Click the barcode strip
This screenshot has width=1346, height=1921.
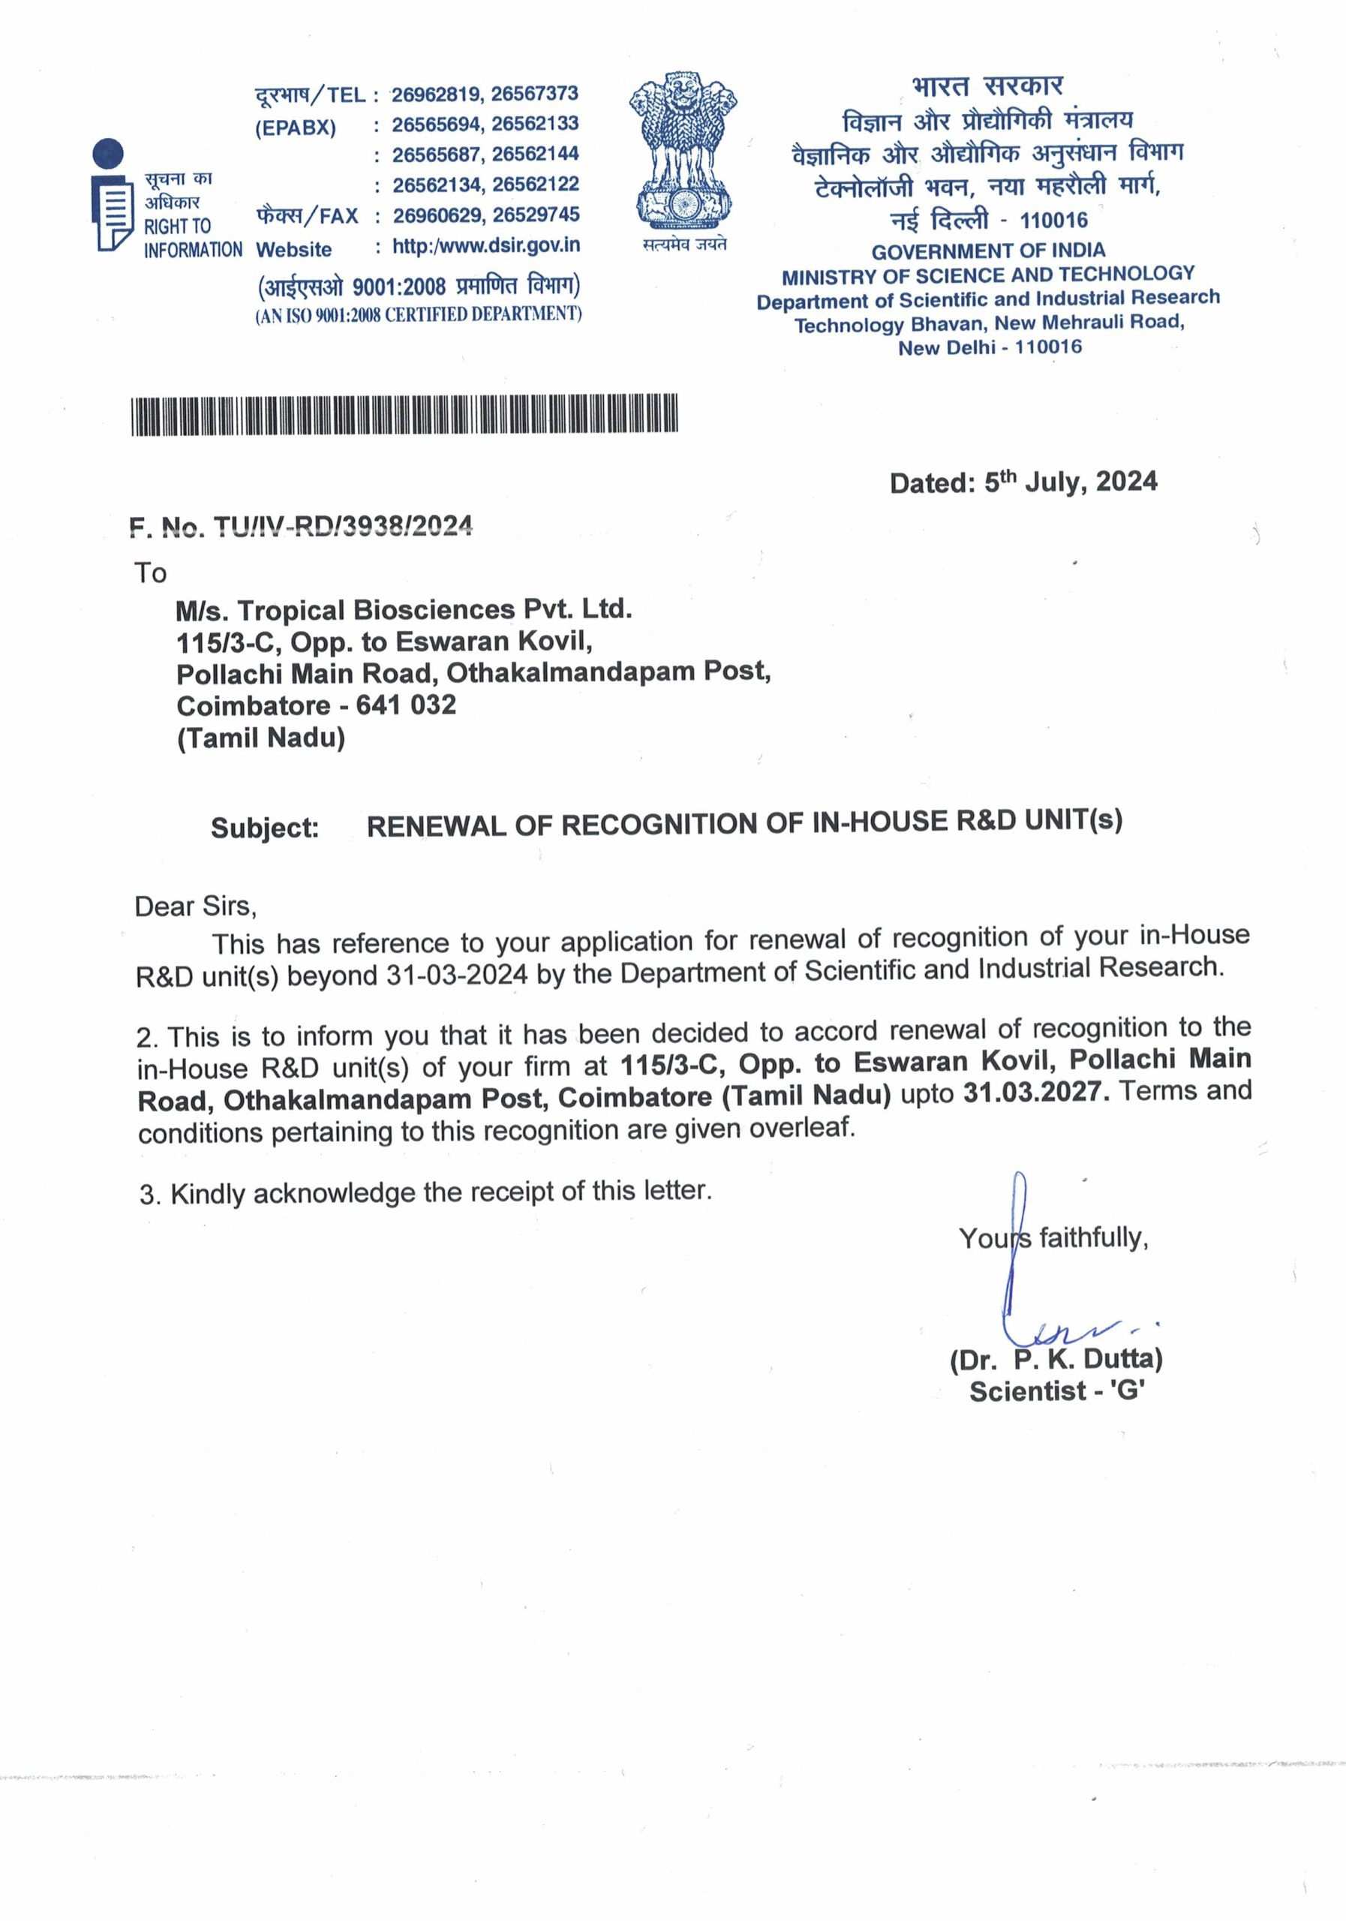click(x=404, y=414)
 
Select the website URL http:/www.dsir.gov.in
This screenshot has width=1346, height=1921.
click(x=486, y=246)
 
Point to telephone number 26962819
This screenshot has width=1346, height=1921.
click(x=437, y=94)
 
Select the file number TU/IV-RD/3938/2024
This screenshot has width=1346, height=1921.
click(x=343, y=525)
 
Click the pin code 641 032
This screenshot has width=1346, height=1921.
click(x=406, y=705)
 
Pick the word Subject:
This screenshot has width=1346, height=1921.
click(x=264, y=828)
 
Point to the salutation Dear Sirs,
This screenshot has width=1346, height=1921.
click(x=195, y=906)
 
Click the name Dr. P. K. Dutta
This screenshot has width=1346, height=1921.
click(x=1056, y=1360)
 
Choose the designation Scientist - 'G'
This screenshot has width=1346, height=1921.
click(x=1056, y=1391)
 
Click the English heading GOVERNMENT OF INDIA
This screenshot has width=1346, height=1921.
click(x=988, y=250)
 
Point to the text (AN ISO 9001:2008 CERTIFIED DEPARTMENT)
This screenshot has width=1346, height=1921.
click(x=418, y=314)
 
